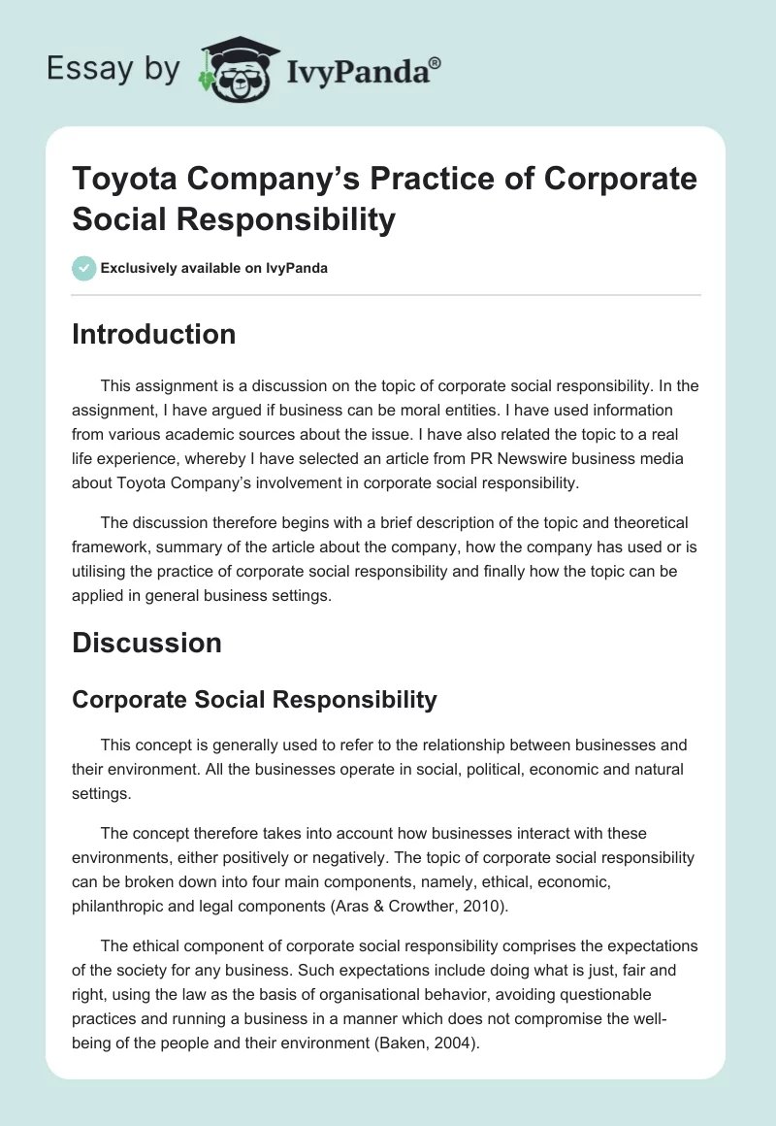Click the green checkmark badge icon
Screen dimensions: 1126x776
[84, 268]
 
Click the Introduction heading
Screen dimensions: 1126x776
[153, 334]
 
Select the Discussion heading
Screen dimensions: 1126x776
[146, 643]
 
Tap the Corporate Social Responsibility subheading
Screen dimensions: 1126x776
[254, 699]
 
